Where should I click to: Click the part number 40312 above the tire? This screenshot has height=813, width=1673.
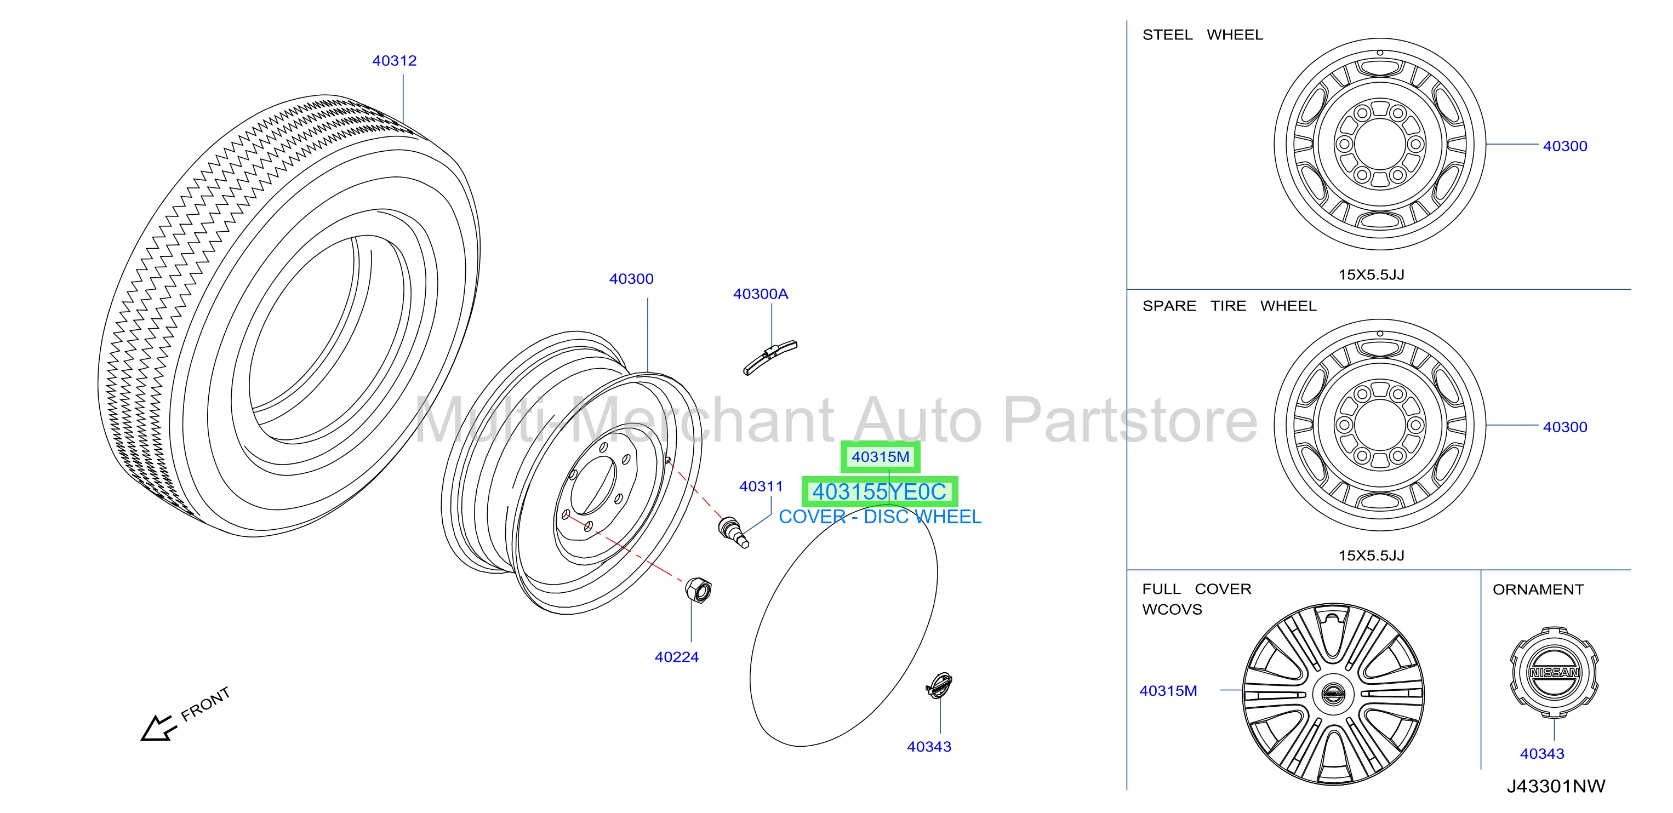click(394, 60)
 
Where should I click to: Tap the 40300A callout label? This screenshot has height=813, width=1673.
click(761, 294)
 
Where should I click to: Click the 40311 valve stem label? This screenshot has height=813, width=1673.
click(761, 486)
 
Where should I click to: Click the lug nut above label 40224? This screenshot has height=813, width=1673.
click(698, 589)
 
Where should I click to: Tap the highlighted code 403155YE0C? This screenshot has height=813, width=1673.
click(880, 491)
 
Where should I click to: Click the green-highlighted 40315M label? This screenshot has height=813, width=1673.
click(881, 456)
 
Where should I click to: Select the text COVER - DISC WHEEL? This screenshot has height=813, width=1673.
click(880, 517)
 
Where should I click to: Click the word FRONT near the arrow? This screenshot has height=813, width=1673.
click(205, 704)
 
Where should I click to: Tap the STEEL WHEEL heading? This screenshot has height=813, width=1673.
click(1203, 35)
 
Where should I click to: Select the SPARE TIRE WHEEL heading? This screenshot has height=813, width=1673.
click(1230, 306)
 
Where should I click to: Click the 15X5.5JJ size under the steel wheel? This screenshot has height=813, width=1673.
click(1371, 274)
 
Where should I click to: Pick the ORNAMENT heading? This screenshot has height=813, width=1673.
click(1538, 589)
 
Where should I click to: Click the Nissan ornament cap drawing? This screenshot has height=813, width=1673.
click(1554, 672)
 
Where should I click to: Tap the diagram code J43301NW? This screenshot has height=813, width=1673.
click(1555, 786)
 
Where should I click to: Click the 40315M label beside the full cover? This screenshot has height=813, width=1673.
click(1168, 691)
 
